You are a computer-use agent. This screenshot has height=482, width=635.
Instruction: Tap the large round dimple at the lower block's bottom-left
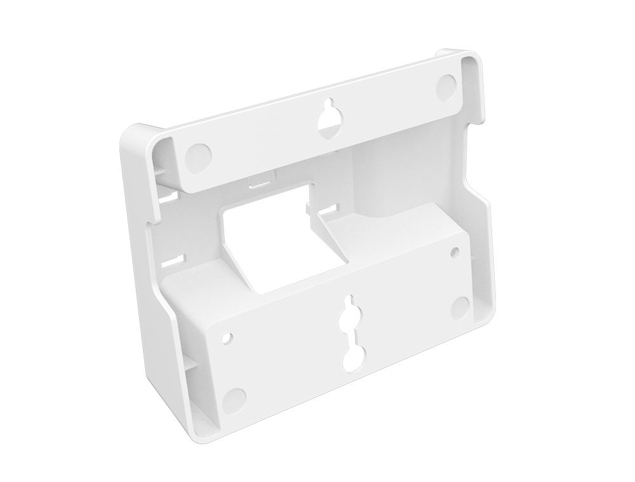point(235,398)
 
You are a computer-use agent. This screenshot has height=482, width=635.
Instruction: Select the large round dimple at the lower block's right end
point(460,308)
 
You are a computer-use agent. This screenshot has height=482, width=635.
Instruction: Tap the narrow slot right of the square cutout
point(328,208)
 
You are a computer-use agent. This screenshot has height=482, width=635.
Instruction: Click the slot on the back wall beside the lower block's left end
point(172,260)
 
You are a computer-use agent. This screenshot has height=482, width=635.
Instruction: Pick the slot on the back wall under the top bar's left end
point(166,199)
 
